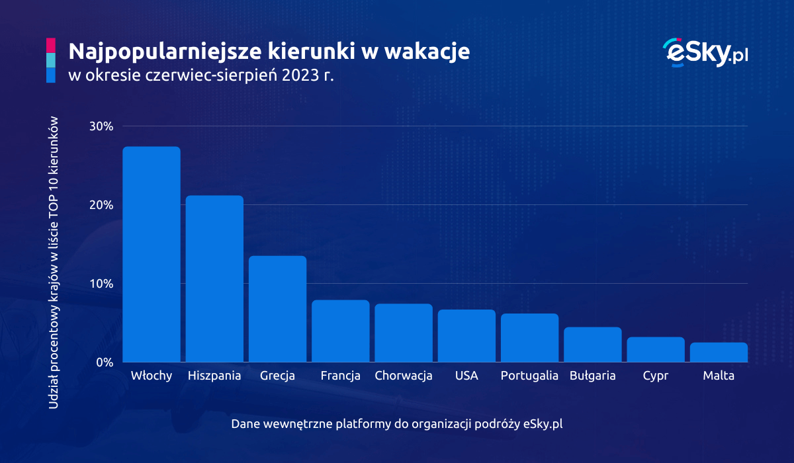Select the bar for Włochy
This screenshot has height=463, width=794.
click(x=152, y=255)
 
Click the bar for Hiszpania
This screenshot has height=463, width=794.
click(x=214, y=278)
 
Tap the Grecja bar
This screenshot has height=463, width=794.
click(x=277, y=309)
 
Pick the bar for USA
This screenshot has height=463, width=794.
click(x=466, y=336)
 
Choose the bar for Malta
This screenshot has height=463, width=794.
click(x=719, y=353)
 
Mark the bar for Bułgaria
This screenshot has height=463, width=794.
click(x=593, y=345)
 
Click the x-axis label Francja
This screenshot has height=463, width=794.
click(x=340, y=376)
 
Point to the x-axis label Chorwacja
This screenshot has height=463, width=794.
click(x=404, y=376)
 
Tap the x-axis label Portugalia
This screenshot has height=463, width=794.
click(x=529, y=376)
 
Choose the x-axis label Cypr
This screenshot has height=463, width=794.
click(x=656, y=376)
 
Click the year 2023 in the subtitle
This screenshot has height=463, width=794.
click(x=298, y=75)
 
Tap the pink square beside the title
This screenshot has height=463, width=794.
click(x=50, y=45)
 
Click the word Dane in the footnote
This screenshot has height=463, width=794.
click(x=245, y=424)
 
